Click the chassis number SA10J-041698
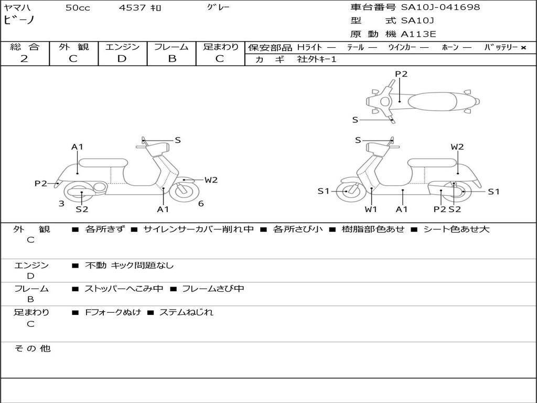(x=441, y=7)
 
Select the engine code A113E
(x=418, y=35)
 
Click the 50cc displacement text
(x=77, y=8)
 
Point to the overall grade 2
(x=24, y=58)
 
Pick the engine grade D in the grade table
(x=122, y=58)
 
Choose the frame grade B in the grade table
(x=171, y=58)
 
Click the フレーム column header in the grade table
(x=171, y=47)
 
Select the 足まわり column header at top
(x=221, y=47)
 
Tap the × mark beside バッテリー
(x=523, y=47)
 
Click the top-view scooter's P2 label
(x=401, y=74)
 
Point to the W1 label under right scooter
(x=371, y=209)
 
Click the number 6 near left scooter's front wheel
(x=201, y=204)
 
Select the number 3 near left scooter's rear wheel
(x=61, y=204)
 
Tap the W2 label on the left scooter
(x=211, y=180)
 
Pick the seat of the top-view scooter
(x=433, y=101)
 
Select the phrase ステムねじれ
(x=186, y=312)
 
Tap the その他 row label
(x=32, y=348)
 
